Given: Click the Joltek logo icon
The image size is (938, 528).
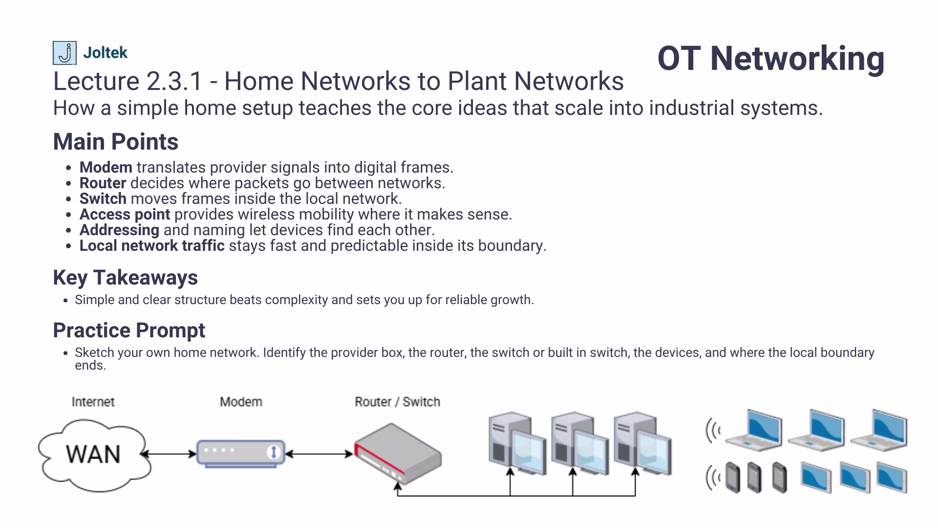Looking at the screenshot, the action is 64,53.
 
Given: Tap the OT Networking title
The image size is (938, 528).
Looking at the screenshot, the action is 770,59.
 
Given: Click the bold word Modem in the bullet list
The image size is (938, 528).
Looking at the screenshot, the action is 106,167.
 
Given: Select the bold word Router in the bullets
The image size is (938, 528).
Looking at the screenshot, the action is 103,183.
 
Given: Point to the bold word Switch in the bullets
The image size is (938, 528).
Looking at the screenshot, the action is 103,198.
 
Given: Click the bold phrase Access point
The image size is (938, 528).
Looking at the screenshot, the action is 125,214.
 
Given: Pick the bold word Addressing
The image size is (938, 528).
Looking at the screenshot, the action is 119,230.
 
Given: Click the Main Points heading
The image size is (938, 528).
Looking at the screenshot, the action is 115,142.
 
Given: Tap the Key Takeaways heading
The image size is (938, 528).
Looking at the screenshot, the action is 125,278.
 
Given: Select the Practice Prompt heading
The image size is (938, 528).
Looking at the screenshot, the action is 129,330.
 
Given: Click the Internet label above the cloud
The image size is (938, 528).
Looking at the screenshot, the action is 93,402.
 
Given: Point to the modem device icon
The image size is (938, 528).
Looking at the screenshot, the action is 240,453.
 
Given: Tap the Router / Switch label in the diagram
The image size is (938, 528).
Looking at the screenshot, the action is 397,402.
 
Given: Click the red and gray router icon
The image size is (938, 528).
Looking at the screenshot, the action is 398,454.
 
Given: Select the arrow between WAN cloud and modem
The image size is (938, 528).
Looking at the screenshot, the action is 169,454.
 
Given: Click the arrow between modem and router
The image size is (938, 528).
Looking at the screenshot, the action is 319,454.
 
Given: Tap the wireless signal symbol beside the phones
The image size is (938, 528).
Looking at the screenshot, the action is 713,478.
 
